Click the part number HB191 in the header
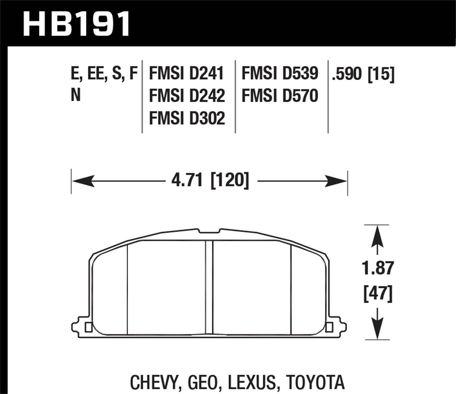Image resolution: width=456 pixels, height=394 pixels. pyautogui.click(x=77, y=24)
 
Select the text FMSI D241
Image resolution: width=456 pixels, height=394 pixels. pyautogui.click(x=186, y=74)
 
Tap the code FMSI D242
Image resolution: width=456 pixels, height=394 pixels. pyautogui.click(x=187, y=96)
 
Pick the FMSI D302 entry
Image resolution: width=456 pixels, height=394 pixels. pyautogui.click(x=187, y=118)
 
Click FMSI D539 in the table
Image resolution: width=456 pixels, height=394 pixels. pyautogui.click(x=280, y=74)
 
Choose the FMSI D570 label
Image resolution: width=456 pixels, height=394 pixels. pyautogui.click(x=280, y=96)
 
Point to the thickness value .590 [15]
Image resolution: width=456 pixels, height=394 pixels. pyautogui.click(x=363, y=74)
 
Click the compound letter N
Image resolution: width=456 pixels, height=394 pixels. pyautogui.click(x=75, y=95)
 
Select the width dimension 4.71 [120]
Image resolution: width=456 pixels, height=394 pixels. pyautogui.click(x=210, y=181)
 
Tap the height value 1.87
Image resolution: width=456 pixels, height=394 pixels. pyautogui.click(x=378, y=268)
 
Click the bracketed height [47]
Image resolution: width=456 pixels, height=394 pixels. pyautogui.click(x=378, y=294)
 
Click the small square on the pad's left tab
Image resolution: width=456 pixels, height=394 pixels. pyautogui.click(x=88, y=327)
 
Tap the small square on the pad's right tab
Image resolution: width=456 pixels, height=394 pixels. pyautogui.click(x=329, y=327)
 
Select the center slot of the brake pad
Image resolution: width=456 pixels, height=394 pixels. pyautogui.click(x=209, y=287)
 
